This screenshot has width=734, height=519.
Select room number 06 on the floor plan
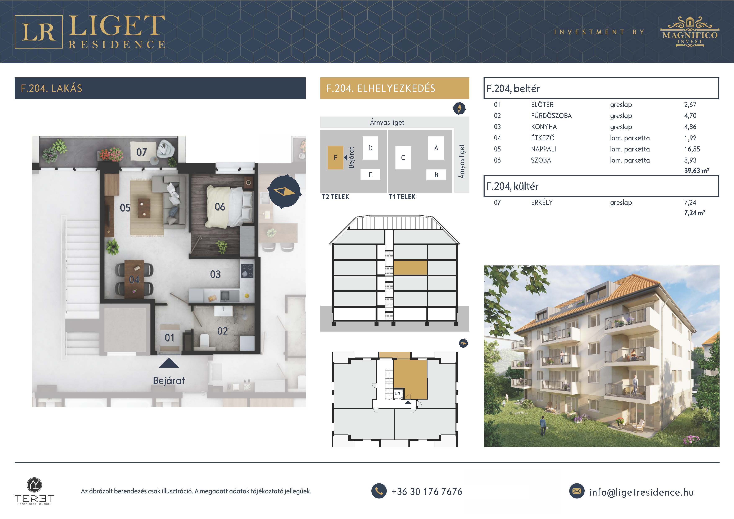pos(220,207)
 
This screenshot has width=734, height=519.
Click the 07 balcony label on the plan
pos(142,152)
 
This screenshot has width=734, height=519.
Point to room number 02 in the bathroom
pos(222,331)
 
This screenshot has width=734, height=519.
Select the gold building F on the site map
pos(335,158)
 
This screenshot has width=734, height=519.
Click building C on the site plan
pos(403,158)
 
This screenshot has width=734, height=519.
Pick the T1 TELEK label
pos(402,197)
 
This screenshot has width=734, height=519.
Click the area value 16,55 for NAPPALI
pos(692,149)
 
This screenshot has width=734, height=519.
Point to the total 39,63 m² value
pos(697,171)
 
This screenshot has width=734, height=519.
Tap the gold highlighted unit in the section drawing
pos(410,268)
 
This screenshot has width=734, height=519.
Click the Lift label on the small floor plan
pos(397,393)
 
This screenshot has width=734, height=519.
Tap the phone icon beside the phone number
pos(379,491)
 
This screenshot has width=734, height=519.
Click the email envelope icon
pos(577,491)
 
